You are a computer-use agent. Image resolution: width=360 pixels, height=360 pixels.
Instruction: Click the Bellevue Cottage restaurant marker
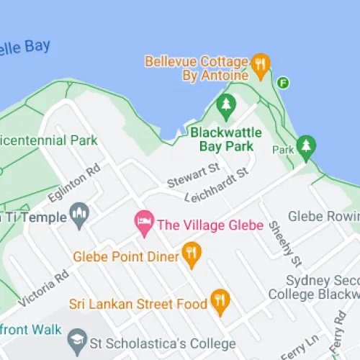click(261, 65)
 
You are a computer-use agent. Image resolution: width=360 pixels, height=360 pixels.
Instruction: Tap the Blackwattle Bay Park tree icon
click(227, 106)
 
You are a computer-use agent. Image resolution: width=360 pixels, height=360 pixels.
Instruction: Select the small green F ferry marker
click(284, 83)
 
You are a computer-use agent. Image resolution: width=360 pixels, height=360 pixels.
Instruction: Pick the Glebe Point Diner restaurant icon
click(191, 251)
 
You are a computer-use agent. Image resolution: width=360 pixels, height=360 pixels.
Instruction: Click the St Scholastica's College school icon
click(76, 338)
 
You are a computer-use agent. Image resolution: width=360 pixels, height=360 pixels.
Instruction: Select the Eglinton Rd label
click(73, 185)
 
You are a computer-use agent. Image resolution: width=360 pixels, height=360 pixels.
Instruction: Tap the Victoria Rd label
click(45, 287)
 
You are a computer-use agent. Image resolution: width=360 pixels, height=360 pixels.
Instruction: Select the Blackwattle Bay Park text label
click(222, 139)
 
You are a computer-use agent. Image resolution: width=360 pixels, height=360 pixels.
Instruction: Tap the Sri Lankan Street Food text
click(138, 305)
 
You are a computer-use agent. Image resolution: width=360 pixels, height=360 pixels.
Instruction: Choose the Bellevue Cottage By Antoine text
click(197, 68)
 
